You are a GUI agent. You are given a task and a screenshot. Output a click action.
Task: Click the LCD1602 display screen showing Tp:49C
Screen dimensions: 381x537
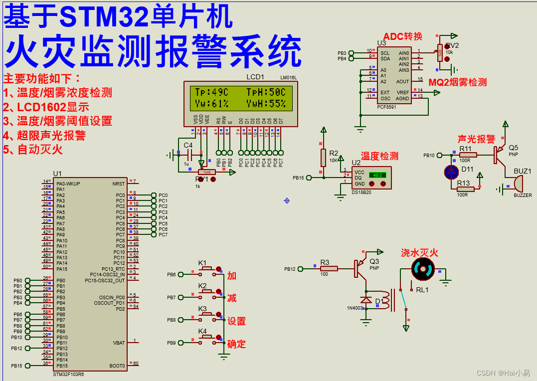[240, 98]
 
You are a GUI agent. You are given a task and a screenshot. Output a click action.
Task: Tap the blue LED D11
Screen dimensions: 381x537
[451, 172]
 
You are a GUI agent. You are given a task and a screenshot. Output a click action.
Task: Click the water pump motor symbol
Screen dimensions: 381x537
[423, 270]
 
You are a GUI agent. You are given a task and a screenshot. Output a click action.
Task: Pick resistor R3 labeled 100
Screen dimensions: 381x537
[329, 268]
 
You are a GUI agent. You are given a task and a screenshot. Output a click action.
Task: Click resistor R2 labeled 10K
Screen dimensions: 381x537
[323, 157]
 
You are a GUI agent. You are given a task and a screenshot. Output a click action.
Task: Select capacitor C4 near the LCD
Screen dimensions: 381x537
[188, 155]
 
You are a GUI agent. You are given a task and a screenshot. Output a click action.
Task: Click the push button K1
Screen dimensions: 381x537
[206, 269]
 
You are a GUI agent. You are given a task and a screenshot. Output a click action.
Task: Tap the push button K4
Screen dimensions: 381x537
[206, 338]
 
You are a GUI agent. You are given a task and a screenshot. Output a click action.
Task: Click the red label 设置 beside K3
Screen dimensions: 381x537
[236, 321]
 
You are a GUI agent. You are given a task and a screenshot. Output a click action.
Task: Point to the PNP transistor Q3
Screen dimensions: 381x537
[360, 268]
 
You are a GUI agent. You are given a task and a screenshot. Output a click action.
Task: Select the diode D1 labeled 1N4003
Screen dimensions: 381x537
[366, 301]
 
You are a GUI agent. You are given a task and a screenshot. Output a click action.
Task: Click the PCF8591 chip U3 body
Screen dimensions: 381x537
[394, 75]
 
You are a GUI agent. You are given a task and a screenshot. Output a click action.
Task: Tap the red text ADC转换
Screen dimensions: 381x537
[403, 36]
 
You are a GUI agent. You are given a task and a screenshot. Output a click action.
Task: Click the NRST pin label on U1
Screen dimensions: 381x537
[119, 184]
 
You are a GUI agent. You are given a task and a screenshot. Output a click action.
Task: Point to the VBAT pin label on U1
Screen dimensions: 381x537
[119, 343]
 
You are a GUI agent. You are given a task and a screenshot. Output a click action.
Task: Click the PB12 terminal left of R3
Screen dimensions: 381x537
[290, 269]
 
